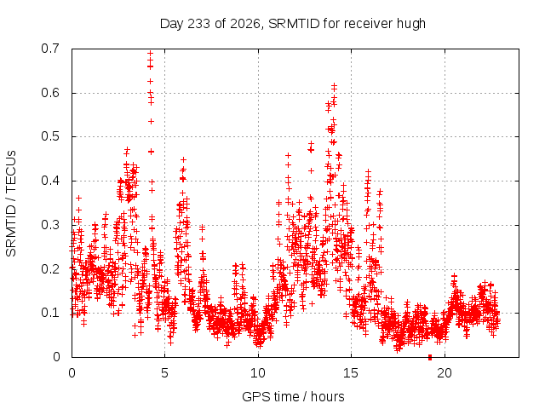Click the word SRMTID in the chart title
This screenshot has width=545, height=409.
coord(294,24)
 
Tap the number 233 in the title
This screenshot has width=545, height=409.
coord(198,24)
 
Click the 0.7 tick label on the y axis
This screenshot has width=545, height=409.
coord(50,49)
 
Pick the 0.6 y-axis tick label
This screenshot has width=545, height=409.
coord(50,93)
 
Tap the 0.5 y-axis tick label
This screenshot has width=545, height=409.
coord(50,136)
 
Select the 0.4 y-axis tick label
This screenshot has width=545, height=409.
coord(50,181)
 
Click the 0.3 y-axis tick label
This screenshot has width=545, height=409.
coord(50,225)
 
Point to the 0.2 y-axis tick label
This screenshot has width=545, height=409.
coord(50,269)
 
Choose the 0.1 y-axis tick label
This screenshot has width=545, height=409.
coord(50,313)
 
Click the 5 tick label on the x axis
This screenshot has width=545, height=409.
coord(164,373)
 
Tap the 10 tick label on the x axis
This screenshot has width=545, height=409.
coord(258,373)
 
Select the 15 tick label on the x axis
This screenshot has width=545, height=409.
coord(351,373)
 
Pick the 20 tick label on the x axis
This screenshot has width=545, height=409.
coord(445,373)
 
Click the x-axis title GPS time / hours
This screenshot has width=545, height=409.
coord(293,397)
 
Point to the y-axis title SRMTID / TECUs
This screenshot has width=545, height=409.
coord(11,204)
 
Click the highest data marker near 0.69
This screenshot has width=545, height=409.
coord(150,54)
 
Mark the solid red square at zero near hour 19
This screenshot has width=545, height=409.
coord(430,357)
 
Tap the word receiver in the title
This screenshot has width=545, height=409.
coord(368,24)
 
